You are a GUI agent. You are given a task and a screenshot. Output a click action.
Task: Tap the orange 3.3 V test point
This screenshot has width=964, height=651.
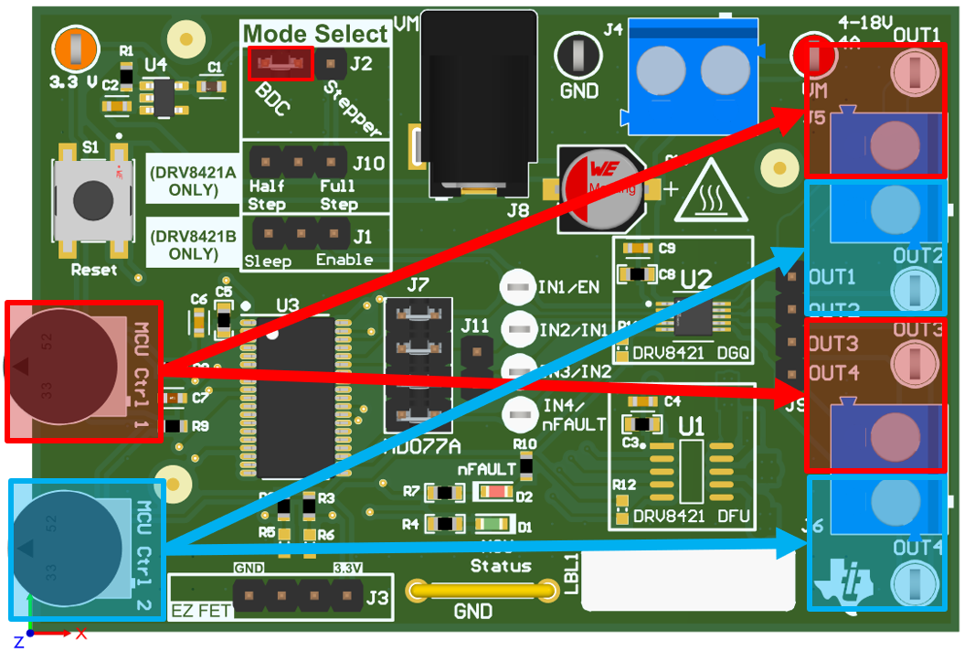[75, 48]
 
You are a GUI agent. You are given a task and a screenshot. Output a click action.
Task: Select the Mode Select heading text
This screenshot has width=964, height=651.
[315, 35]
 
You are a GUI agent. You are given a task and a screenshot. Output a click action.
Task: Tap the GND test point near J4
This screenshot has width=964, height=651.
[578, 55]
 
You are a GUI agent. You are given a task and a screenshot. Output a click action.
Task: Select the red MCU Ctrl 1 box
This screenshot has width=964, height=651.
[84, 370]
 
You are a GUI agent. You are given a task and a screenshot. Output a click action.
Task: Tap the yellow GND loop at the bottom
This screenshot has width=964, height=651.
[482, 591]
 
